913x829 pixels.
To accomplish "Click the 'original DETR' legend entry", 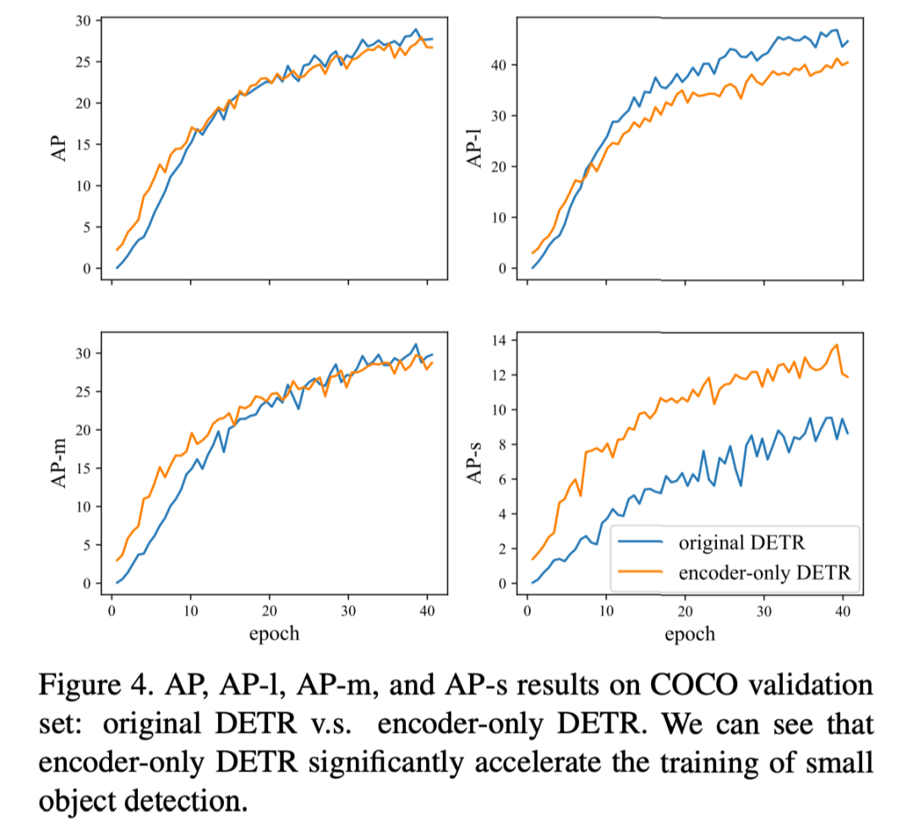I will pyautogui.click(x=742, y=543).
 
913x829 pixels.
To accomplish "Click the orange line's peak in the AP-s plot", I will pyautogui.click(x=836, y=345).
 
